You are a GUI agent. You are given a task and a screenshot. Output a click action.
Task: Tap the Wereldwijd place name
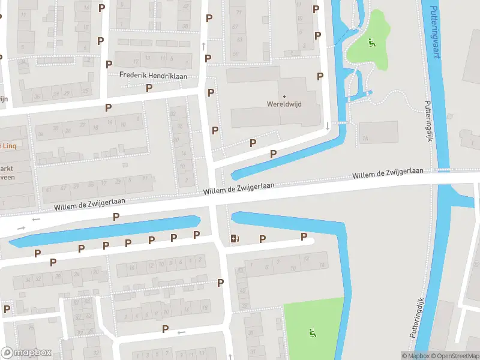tap(284, 104)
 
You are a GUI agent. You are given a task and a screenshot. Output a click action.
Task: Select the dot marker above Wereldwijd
tap(284, 96)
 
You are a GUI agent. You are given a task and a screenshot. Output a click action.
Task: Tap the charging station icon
tap(235, 239)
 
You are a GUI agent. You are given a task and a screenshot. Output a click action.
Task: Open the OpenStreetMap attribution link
tap(454, 356)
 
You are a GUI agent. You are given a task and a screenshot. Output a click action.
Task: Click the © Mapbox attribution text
tap(415, 356)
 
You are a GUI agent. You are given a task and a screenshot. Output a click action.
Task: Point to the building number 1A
tap(364, 139)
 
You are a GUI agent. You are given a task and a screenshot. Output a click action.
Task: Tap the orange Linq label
tap(7, 145)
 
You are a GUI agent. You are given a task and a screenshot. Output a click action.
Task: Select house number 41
tap(49, 189)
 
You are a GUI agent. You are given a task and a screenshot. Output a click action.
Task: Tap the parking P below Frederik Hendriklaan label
tap(149, 88)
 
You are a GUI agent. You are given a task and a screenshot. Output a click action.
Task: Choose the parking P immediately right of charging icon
tap(262, 239)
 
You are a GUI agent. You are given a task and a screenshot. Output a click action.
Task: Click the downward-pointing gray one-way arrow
tap(328, 125)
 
